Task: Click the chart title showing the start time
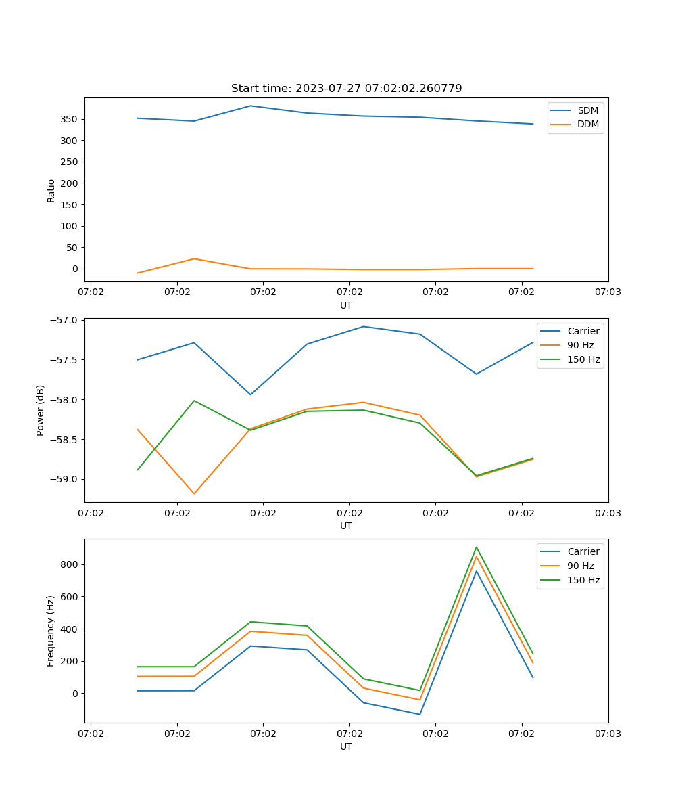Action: [x=346, y=89]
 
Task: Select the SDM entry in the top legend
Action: [x=587, y=110]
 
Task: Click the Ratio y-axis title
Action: [x=51, y=190]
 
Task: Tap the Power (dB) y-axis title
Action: [x=41, y=410]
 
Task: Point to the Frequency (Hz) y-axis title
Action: [x=51, y=631]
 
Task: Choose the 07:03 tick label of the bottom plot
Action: [x=607, y=733]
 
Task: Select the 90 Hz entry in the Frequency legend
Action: [x=581, y=566]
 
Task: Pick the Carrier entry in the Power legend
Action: [x=583, y=331]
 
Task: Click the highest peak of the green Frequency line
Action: [x=476, y=547]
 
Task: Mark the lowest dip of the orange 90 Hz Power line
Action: [x=194, y=493]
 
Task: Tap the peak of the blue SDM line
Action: [x=251, y=106]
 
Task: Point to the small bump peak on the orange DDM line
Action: [x=194, y=258]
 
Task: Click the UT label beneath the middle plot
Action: [x=346, y=526]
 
